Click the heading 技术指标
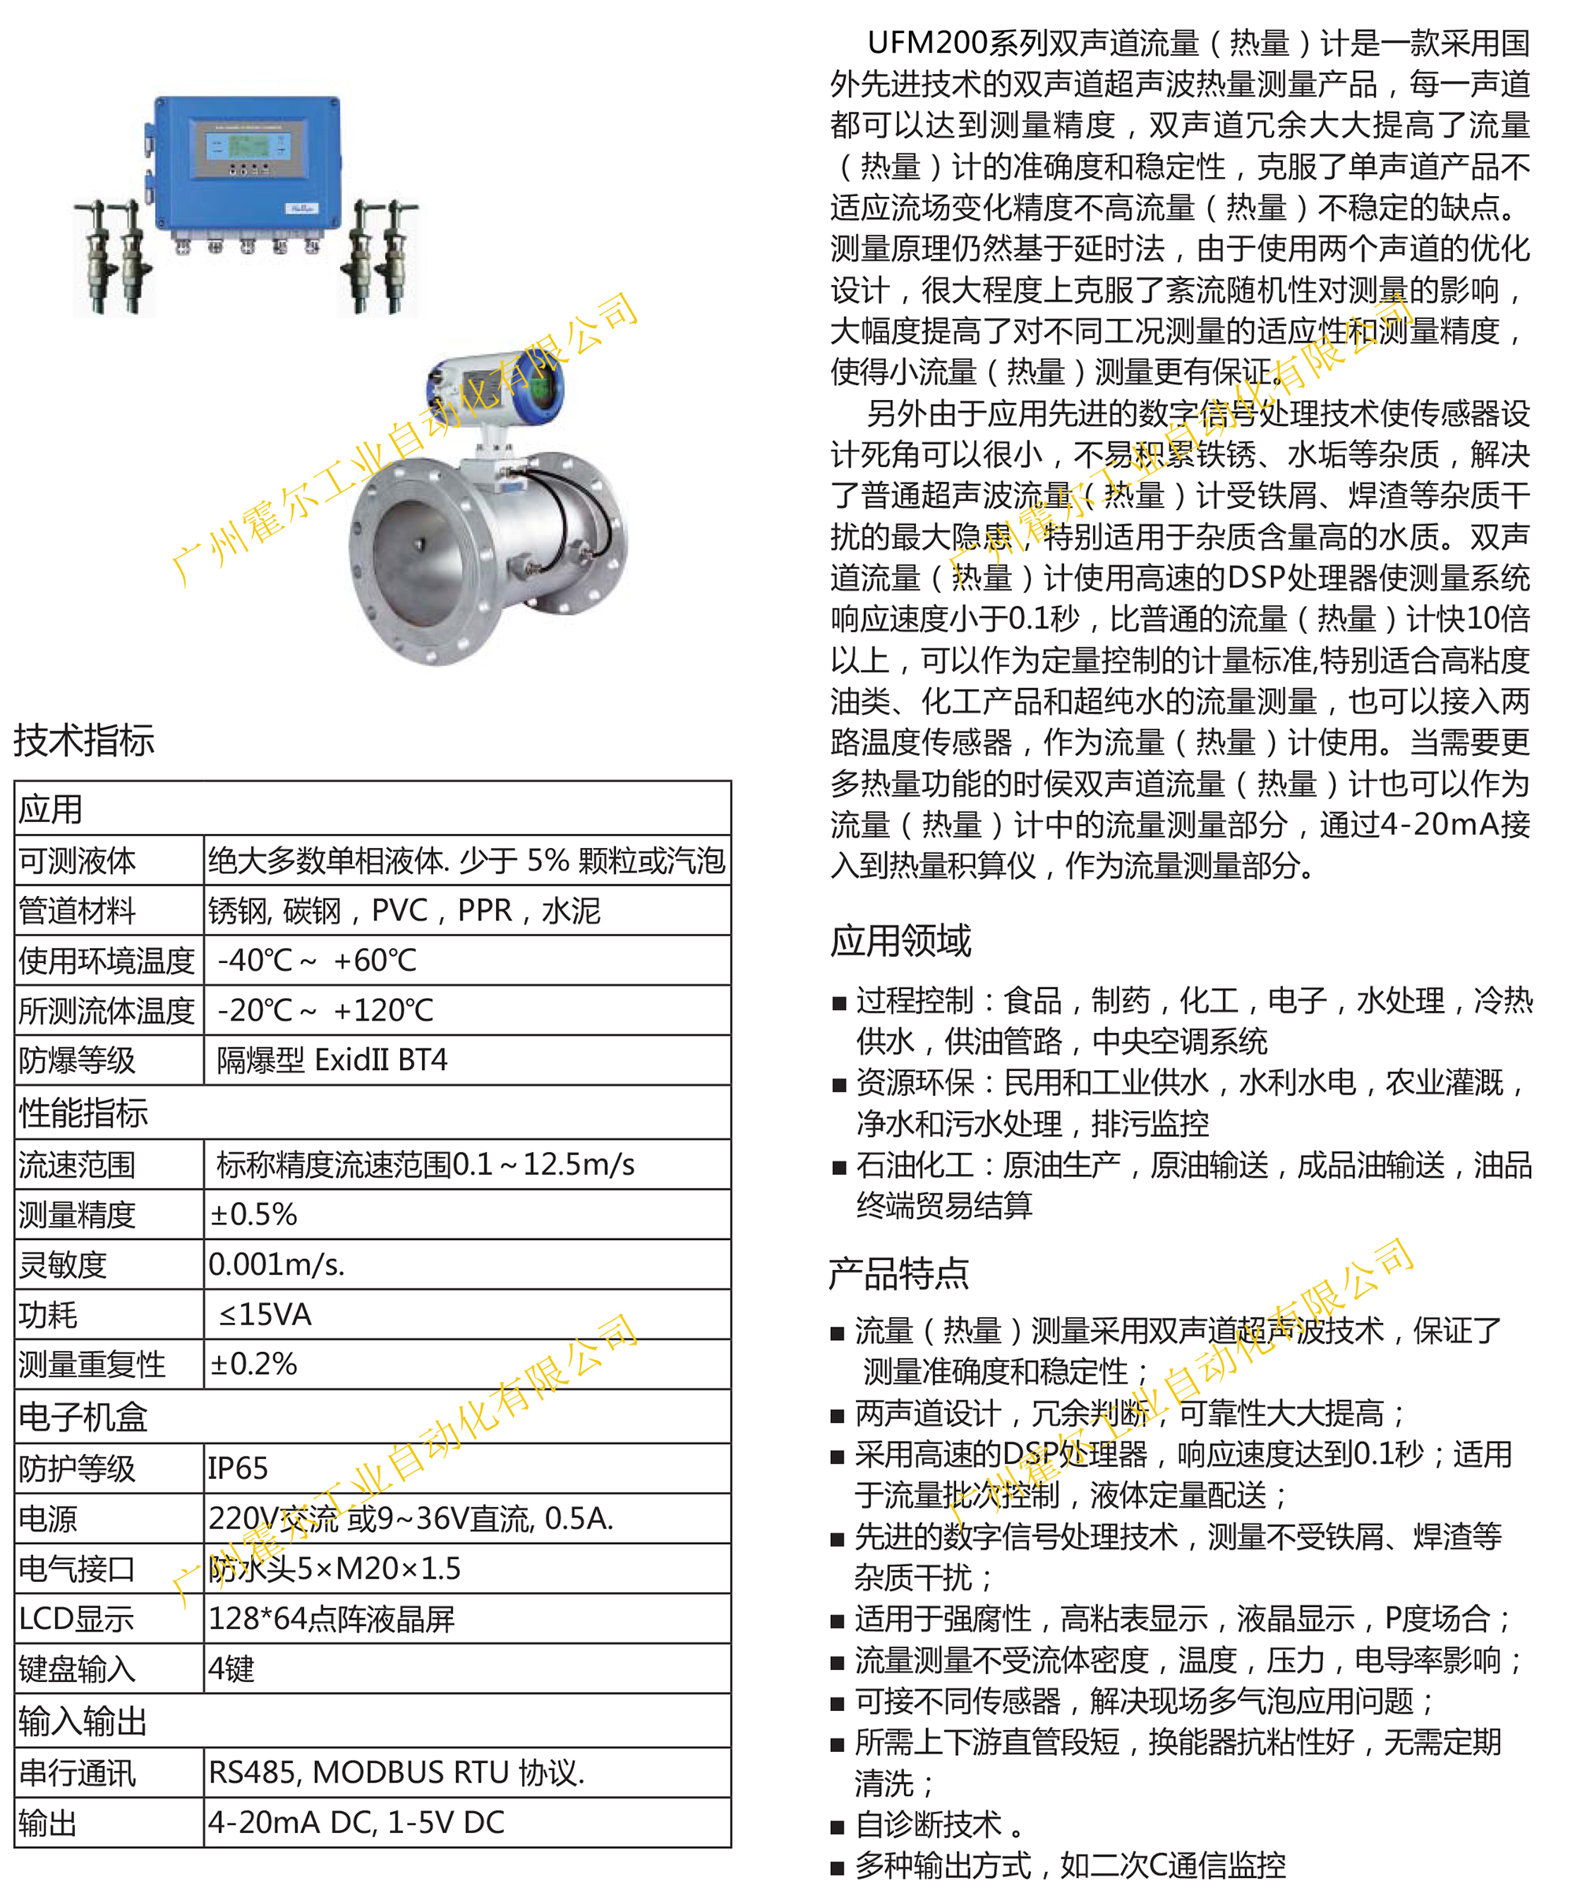click(x=83, y=740)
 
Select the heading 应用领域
click(x=900, y=941)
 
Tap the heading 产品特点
click(x=899, y=1274)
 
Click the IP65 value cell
click(x=238, y=1468)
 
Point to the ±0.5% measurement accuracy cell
click(x=254, y=1214)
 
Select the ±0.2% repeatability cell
click(x=254, y=1364)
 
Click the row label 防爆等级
click(x=77, y=1060)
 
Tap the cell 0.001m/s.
click(x=276, y=1264)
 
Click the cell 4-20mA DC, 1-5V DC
click(x=357, y=1821)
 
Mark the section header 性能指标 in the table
click(x=83, y=1113)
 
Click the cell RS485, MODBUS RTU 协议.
click(x=396, y=1772)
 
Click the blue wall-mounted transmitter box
click(x=246, y=163)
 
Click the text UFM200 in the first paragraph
click(x=926, y=43)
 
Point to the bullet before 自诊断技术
click(x=838, y=1827)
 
